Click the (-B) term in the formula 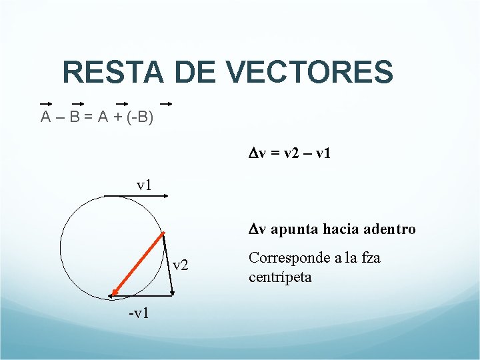[x=141, y=117]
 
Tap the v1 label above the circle [x=144, y=184]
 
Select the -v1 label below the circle [x=139, y=313]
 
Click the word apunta [x=292, y=229]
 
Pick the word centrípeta [x=279, y=277]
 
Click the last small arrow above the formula [x=166, y=104]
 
